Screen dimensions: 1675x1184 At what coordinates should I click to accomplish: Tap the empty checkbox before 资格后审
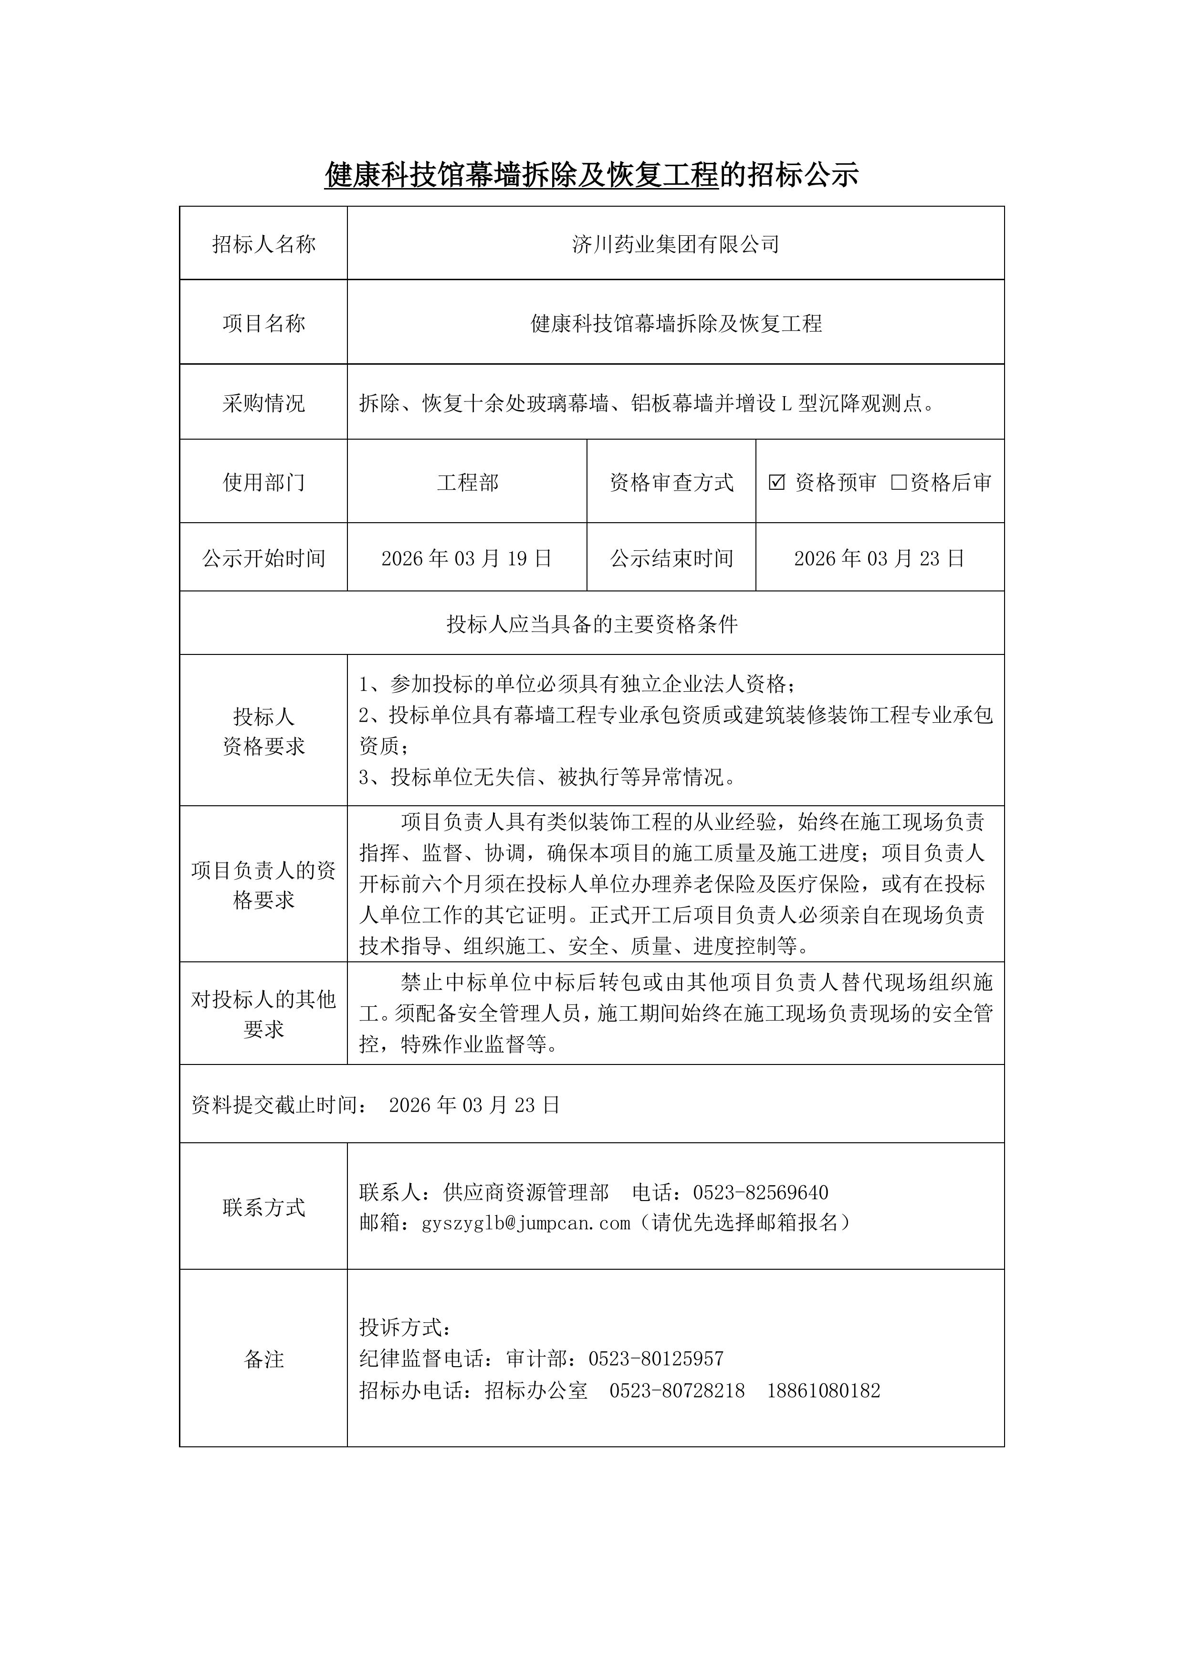[x=899, y=482]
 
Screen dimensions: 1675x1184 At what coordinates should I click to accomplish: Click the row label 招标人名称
[x=263, y=244]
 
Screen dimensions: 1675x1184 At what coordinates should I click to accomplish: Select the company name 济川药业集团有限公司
[x=676, y=244]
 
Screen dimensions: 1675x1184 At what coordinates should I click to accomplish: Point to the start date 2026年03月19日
[x=466, y=559]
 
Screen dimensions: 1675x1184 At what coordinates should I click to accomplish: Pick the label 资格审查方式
[x=671, y=482]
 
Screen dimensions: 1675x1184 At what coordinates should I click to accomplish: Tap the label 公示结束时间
[x=671, y=559]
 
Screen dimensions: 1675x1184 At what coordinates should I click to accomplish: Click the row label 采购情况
[x=263, y=403]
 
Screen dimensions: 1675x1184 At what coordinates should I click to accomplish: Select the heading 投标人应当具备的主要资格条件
[x=592, y=624]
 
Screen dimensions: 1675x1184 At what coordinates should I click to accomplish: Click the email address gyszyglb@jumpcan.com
[x=526, y=1223]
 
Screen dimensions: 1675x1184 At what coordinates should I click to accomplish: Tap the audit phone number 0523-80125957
[x=656, y=1359]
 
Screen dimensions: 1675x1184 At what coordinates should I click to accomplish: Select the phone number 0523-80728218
[x=677, y=1391]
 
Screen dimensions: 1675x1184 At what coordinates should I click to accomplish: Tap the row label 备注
[x=263, y=1359]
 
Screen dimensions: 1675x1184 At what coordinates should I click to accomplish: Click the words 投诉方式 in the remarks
[x=405, y=1327]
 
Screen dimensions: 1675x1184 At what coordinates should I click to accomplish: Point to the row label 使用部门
[x=263, y=482]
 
